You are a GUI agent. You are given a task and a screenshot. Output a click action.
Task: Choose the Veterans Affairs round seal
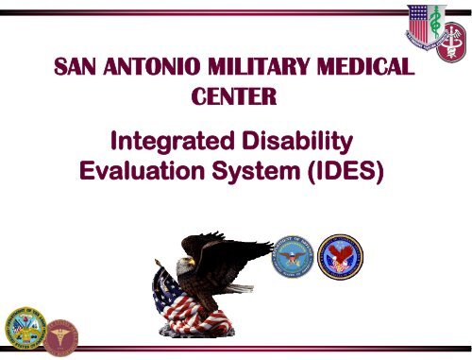point(340,257)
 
